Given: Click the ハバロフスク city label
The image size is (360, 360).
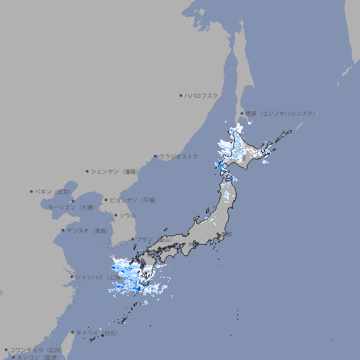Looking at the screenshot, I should pos(202,96).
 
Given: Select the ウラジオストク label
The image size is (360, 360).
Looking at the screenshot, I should pos(179,156).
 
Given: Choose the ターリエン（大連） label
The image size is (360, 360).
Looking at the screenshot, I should pos(71,207).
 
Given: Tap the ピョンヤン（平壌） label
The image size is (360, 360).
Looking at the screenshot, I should pos(133,200).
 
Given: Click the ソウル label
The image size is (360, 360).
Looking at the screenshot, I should pos(127,215).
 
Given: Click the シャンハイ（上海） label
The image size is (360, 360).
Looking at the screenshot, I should pos(95,276).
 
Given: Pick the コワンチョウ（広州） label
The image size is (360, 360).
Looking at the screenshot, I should pos(35,349).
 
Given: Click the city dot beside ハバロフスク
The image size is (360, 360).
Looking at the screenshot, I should pos(181,96).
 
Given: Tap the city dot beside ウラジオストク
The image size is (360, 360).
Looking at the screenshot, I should pos(155,156).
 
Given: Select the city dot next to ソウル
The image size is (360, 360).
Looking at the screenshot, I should pos(115,215).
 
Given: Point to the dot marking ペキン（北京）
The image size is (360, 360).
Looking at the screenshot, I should pos(32,191).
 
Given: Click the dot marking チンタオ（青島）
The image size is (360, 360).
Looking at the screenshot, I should pos(63,230).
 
